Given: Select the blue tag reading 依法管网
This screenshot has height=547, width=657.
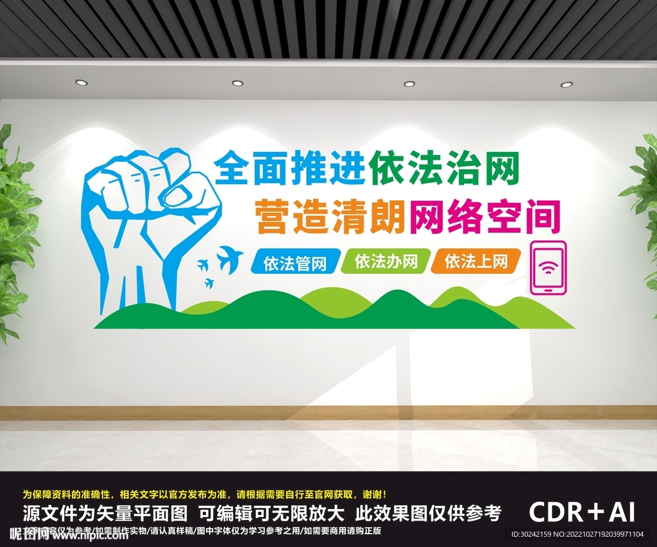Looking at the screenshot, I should point(294,262).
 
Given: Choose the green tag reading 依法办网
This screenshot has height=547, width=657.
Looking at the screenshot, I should point(385,261).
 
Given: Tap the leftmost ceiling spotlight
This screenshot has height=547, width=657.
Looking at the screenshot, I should point(81,82).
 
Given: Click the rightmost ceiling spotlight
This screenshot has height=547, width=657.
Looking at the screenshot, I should point(567,84).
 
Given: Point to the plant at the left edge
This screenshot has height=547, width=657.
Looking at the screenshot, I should point(14,231).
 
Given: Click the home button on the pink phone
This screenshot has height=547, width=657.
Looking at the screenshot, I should point(549,290).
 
